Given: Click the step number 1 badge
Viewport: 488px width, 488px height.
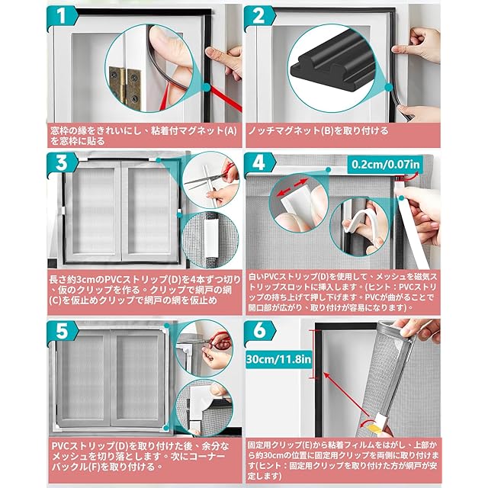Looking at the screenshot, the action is pyautogui.click(x=62, y=16).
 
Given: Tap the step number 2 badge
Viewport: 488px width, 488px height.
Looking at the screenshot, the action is pyautogui.click(x=259, y=16).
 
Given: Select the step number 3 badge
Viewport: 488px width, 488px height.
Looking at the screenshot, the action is pyautogui.click(x=62, y=163).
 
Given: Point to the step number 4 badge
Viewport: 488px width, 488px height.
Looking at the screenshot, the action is pyautogui.click(x=259, y=163).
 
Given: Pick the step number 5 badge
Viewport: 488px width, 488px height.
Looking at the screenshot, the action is pyautogui.click(x=62, y=332).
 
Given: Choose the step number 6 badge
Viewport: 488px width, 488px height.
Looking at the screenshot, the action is pyautogui.click(x=259, y=332).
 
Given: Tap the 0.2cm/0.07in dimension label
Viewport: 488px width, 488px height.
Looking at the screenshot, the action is pyautogui.click(x=385, y=164).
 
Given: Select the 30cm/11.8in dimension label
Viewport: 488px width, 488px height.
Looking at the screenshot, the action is pyautogui.click(x=278, y=359).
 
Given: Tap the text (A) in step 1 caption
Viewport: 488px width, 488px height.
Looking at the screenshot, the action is pyautogui.click(x=230, y=130).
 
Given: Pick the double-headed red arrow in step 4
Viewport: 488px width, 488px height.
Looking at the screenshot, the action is pyautogui.click(x=293, y=188).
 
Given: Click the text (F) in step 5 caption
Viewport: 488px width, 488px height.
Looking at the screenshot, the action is pyautogui.click(x=94, y=467).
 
